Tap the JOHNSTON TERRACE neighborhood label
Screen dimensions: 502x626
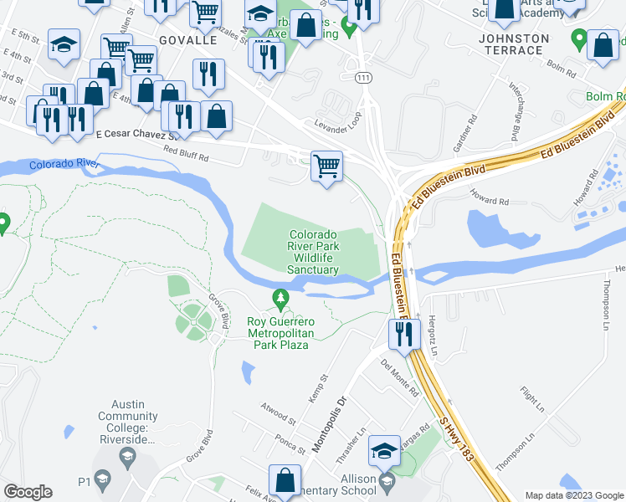[x=513, y=44]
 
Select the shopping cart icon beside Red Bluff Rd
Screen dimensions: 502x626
[x=326, y=166]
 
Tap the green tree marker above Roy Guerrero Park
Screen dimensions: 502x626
[x=280, y=298]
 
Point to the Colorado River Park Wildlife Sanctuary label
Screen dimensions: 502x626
[x=314, y=253]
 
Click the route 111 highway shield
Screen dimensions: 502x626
[x=362, y=77]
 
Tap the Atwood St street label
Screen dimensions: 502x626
[x=280, y=414]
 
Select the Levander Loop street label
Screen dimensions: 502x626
[x=336, y=122]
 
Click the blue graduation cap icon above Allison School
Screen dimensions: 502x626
[x=384, y=451]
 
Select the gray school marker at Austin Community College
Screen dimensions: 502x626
[x=127, y=455]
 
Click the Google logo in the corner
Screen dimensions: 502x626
[x=28, y=492]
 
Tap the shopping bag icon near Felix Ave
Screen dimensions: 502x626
[x=285, y=482]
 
